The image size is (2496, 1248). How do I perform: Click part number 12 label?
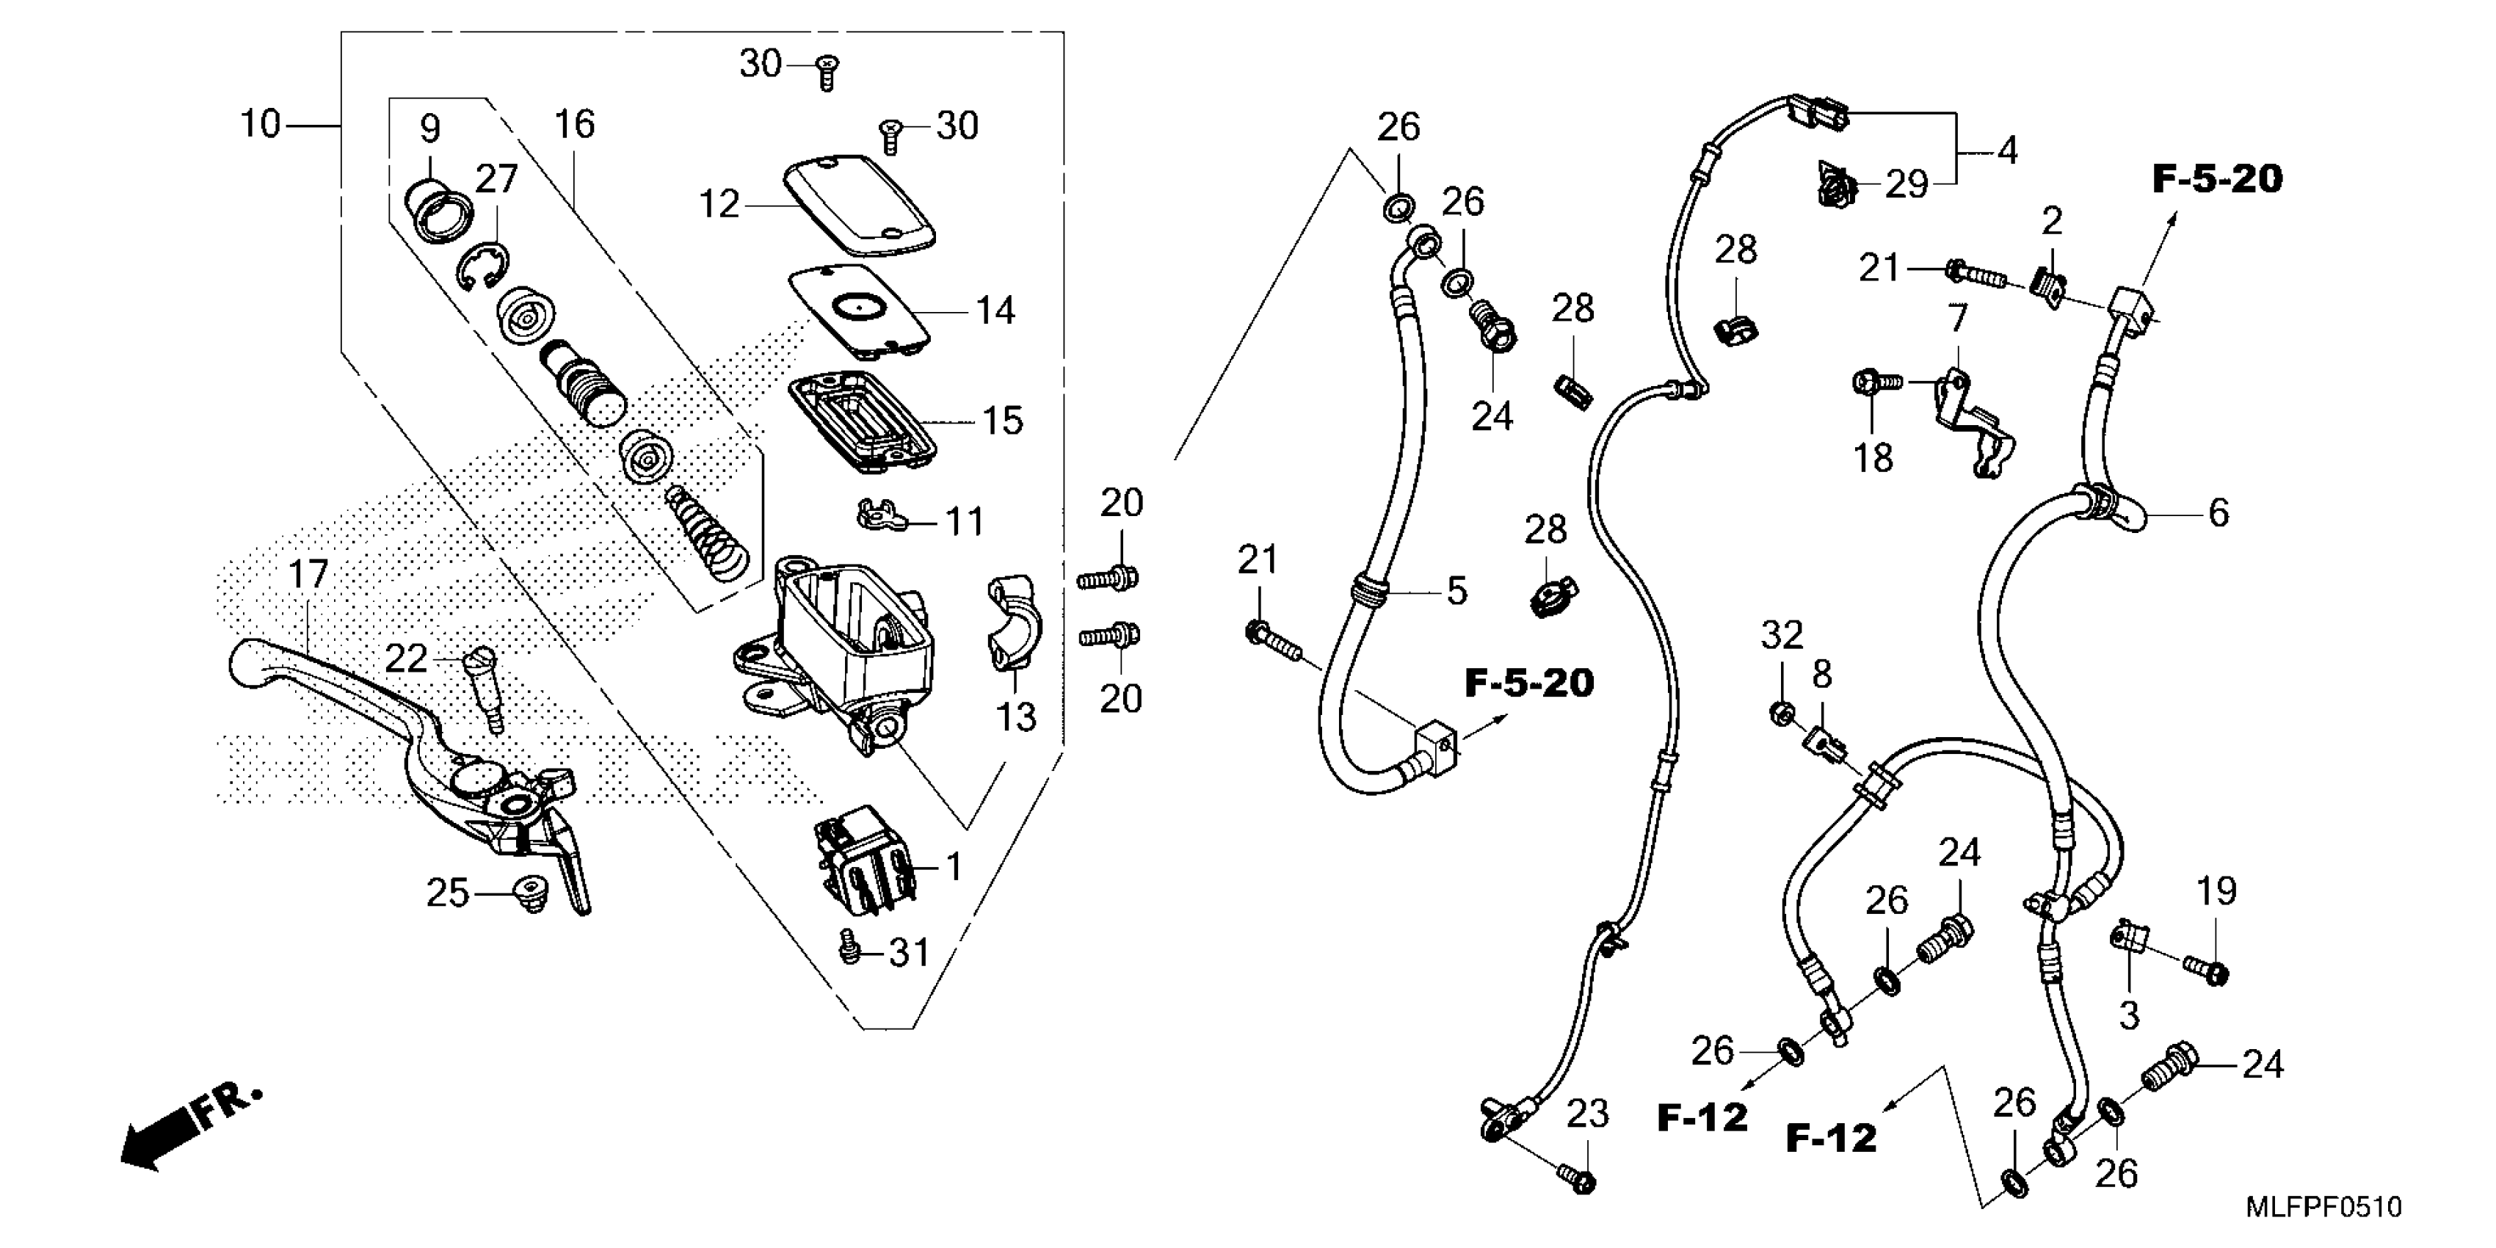pyautogui.click(x=719, y=203)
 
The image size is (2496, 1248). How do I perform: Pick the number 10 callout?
pyautogui.click(x=260, y=124)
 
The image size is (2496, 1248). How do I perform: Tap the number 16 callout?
pyautogui.click(x=575, y=124)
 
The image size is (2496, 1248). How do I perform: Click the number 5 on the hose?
pyautogui.click(x=1456, y=590)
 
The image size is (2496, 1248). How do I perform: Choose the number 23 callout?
pyautogui.click(x=1588, y=1114)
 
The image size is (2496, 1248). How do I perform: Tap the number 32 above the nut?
pyautogui.click(x=1782, y=636)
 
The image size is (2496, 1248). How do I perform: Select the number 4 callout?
pyautogui.click(x=2008, y=150)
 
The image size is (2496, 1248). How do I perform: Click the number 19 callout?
pyautogui.click(x=2216, y=890)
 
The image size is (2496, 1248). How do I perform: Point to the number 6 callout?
pyautogui.click(x=2218, y=512)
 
